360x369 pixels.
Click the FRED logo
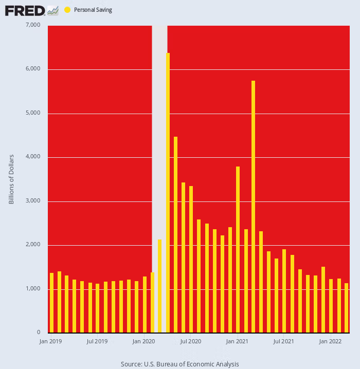[x=31, y=10]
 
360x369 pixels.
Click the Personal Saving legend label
[x=93, y=10]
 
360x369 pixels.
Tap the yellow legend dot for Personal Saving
[x=67, y=10]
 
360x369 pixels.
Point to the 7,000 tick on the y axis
[x=33, y=25]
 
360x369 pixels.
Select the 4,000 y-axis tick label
[x=33, y=157]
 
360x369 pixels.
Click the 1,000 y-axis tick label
[x=33, y=289]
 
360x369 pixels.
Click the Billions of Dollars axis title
[x=11, y=179]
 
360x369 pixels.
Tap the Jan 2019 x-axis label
[x=50, y=341]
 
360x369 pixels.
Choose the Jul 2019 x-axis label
[x=97, y=341]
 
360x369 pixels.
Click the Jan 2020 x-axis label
[x=145, y=341]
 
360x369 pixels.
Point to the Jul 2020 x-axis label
[x=191, y=341]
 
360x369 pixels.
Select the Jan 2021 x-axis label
[x=238, y=341]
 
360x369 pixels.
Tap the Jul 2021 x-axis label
[x=284, y=341]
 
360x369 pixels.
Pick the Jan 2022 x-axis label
[x=331, y=341]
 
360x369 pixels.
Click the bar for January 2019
[x=51, y=303]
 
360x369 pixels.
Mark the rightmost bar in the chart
[x=347, y=308]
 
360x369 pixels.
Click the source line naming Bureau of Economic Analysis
[x=180, y=364]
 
